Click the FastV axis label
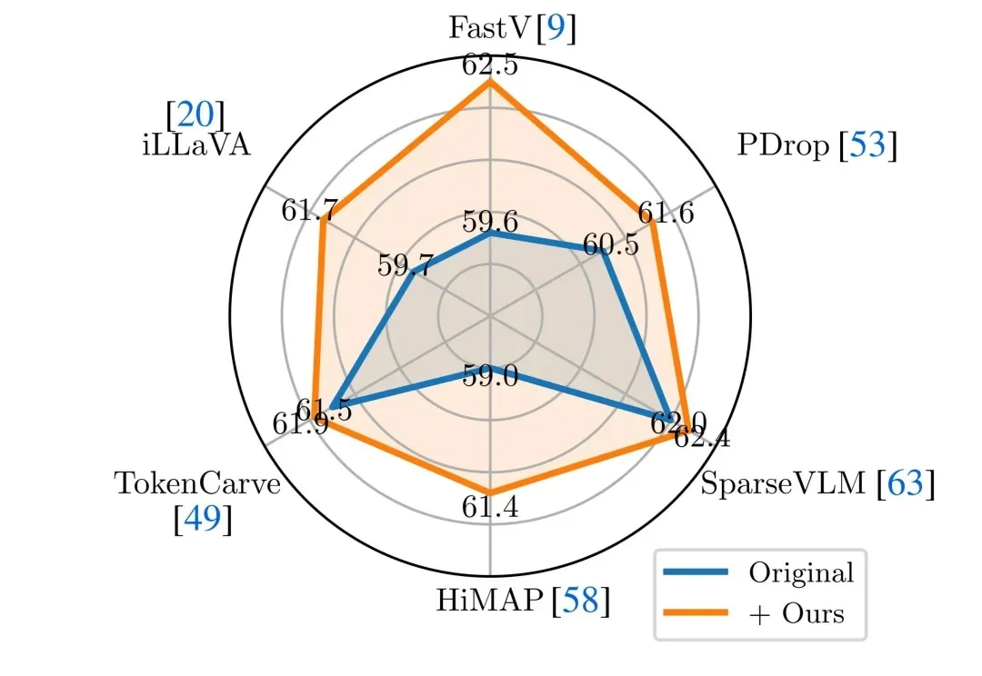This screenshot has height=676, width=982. (491, 29)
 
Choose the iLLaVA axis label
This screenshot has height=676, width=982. (195, 146)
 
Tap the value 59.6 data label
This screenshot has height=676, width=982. (491, 222)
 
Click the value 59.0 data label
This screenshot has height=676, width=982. (491, 374)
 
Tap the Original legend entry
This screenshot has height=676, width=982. (800, 572)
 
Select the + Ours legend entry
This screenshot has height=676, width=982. (797, 613)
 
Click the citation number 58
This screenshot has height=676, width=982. (582, 601)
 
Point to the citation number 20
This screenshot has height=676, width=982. (195, 115)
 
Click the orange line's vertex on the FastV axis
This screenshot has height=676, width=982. (491, 81)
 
